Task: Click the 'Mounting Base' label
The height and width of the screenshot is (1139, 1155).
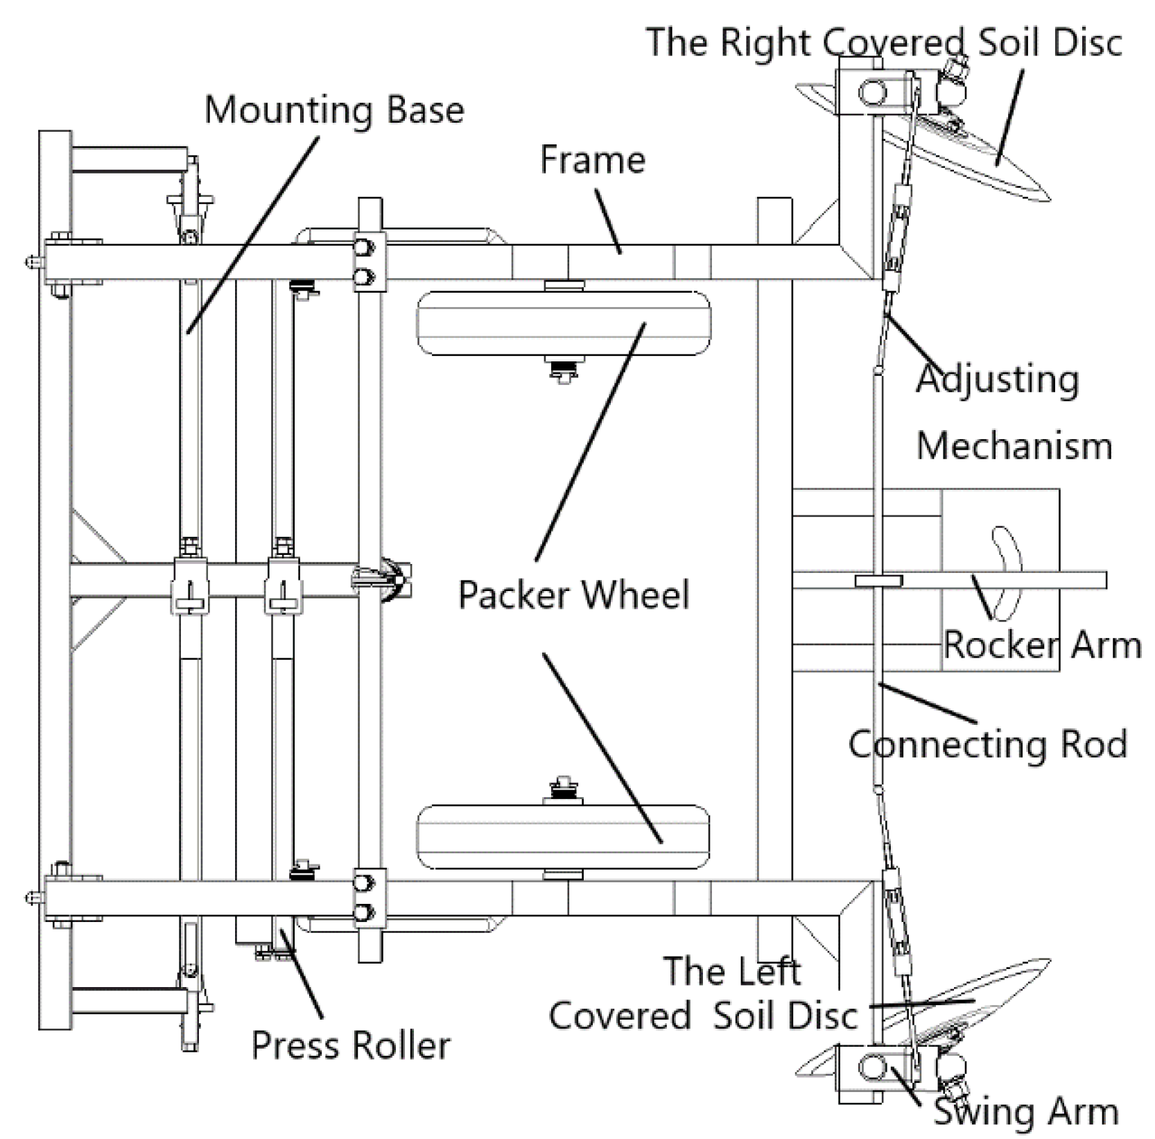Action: tap(333, 110)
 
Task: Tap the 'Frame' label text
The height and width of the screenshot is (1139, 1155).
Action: tap(593, 160)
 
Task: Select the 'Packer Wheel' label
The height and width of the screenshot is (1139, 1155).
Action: tap(574, 594)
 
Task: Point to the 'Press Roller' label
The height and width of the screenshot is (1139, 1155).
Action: tap(351, 1045)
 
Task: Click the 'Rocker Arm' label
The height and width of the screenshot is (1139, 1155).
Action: tap(1042, 644)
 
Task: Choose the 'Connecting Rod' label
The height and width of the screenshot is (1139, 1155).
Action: tap(987, 744)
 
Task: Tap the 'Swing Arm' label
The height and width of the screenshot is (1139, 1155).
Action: tap(1026, 1111)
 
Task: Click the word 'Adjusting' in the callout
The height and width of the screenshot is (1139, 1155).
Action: tap(998, 379)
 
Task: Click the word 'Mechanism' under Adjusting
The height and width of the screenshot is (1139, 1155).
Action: tap(1014, 445)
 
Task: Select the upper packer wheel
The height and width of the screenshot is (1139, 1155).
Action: tap(563, 323)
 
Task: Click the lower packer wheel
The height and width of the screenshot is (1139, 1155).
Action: tap(563, 837)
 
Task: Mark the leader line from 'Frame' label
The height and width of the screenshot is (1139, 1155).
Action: tap(607, 222)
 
